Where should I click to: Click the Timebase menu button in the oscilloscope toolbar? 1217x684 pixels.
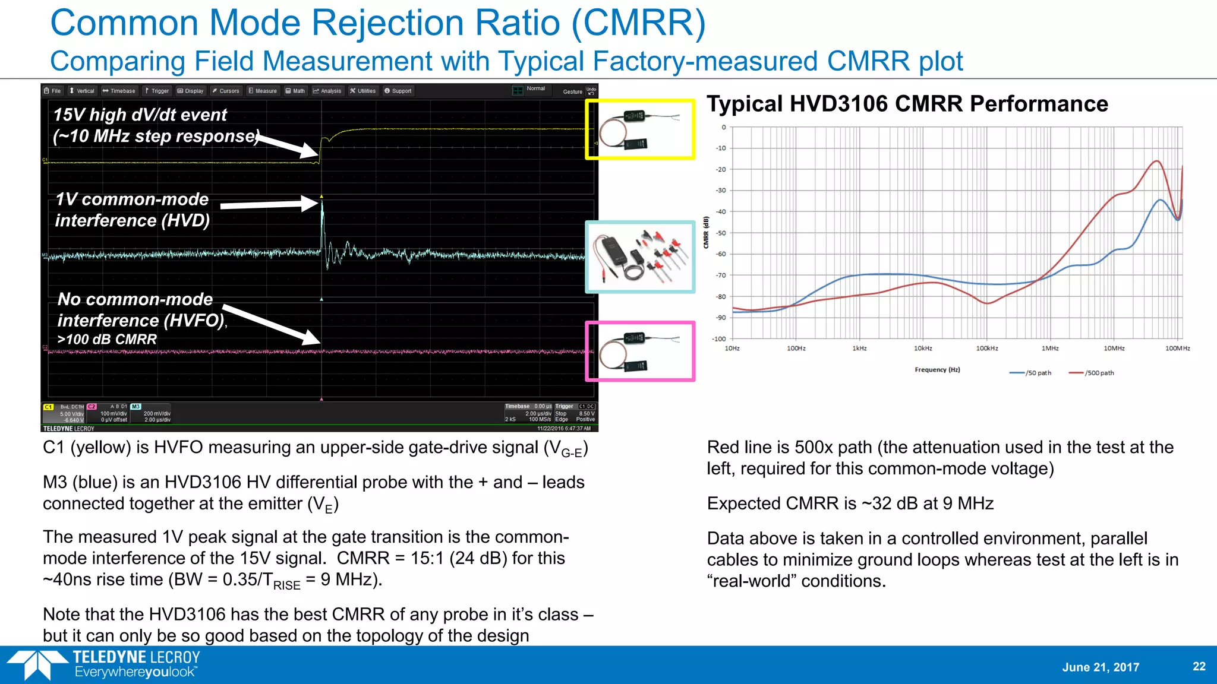[x=119, y=91]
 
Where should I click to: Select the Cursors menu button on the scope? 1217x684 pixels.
[x=226, y=91]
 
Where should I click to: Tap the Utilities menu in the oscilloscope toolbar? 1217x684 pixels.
[x=363, y=91]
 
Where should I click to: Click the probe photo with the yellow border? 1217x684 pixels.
[x=640, y=129]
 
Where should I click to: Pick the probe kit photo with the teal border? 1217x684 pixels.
[x=640, y=257]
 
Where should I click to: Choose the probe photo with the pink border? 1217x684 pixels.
[x=640, y=351]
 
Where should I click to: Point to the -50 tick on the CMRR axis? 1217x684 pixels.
[x=721, y=233]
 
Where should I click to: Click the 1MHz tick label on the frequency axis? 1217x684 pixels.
[x=1050, y=349]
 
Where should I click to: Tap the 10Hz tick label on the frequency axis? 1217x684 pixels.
[x=732, y=349]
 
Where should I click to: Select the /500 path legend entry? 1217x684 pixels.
[x=1092, y=373]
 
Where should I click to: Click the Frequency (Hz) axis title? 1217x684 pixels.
[x=937, y=370]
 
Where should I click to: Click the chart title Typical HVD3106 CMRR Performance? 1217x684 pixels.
[x=907, y=104]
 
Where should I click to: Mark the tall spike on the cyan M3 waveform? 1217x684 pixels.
[x=322, y=220]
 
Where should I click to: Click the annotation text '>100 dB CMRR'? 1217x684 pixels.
[x=107, y=340]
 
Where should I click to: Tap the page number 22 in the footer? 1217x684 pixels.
[x=1199, y=666]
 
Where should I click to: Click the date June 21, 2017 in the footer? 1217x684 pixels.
[x=1101, y=667]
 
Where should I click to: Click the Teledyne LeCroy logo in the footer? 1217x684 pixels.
[x=104, y=664]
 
